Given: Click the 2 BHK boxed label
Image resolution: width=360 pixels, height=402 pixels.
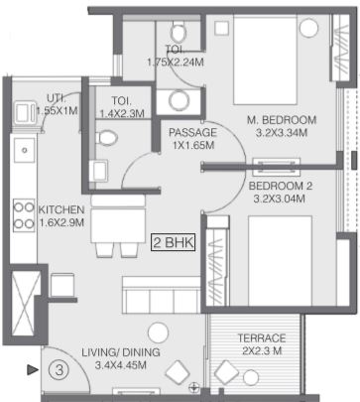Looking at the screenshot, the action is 174,243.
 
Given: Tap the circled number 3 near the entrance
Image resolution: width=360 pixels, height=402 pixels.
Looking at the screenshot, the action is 60,369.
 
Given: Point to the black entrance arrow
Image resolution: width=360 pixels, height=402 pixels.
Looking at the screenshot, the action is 33,369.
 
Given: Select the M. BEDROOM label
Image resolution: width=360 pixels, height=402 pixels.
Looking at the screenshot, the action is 282,120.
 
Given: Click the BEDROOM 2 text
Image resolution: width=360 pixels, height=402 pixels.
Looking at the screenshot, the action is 281,186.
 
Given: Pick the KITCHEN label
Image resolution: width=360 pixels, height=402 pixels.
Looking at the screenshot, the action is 61,209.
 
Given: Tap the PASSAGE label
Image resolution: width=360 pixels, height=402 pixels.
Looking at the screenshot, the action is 192,133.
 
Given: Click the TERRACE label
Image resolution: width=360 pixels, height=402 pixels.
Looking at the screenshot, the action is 262,338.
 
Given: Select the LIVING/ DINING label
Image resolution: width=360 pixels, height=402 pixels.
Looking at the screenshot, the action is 121,352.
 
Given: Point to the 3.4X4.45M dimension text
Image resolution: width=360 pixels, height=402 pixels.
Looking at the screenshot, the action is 121,365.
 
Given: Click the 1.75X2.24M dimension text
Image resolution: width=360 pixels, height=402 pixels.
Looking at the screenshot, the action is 176,62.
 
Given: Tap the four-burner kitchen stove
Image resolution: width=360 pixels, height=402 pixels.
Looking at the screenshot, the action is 24,215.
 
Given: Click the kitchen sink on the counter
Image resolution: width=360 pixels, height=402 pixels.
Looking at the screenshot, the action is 24,151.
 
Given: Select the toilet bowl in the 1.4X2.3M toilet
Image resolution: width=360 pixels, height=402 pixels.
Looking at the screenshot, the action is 106,138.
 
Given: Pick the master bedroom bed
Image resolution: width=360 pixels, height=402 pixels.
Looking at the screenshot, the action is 265,60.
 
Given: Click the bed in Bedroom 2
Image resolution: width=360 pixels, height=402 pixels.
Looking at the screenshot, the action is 280,261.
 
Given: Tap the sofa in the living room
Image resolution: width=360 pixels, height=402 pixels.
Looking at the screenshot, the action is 162,295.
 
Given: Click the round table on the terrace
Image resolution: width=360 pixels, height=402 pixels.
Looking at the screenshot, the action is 251,378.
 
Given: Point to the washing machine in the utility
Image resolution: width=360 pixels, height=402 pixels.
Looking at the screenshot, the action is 25,112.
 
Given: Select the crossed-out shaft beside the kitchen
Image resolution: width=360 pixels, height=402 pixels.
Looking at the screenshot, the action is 26,304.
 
